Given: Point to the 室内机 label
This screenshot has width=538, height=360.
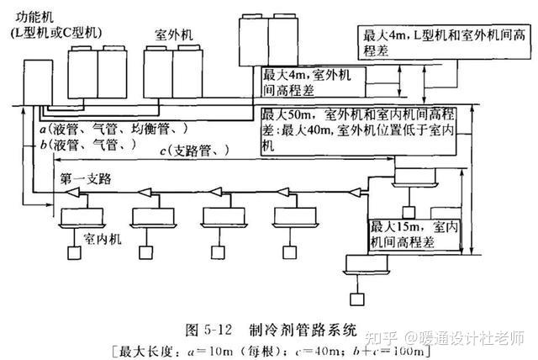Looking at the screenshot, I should pyautogui.click(x=102, y=239).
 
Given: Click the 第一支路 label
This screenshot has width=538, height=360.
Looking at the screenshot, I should pyautogui.click(x=86, y=180).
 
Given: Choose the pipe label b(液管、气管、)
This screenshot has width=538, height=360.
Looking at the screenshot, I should pyautogui.click(x=87, y=146).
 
